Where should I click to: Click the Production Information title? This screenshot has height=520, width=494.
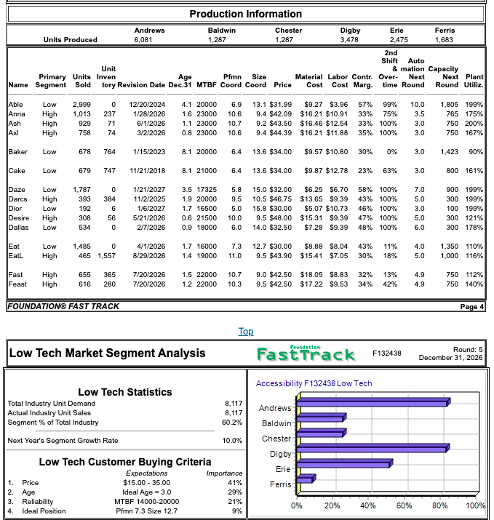coord(245,14)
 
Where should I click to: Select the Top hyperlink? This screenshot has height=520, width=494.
coord(246,332)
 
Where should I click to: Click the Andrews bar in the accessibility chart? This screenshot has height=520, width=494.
coord(373,403)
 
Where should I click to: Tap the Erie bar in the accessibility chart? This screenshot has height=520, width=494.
coord(344,464)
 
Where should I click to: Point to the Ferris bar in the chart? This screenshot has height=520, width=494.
coord(305,479)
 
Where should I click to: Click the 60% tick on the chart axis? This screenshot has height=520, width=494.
coord(404,505)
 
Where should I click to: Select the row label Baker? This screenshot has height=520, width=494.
coord(17,151)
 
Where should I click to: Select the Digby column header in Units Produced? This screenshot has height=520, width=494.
coord(350,31)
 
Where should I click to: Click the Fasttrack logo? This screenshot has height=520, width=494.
coord(306,353)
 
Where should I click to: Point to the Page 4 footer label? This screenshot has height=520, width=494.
coord(471,307)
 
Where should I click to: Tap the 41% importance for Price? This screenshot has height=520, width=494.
coord(234,482)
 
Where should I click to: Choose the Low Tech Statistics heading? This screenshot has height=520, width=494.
coord(125,392)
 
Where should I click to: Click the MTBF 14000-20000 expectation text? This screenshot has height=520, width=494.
coord(147,501)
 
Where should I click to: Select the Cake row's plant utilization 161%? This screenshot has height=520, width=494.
coord(474,170)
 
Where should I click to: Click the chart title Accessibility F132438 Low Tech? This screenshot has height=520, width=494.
coord(314,383)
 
